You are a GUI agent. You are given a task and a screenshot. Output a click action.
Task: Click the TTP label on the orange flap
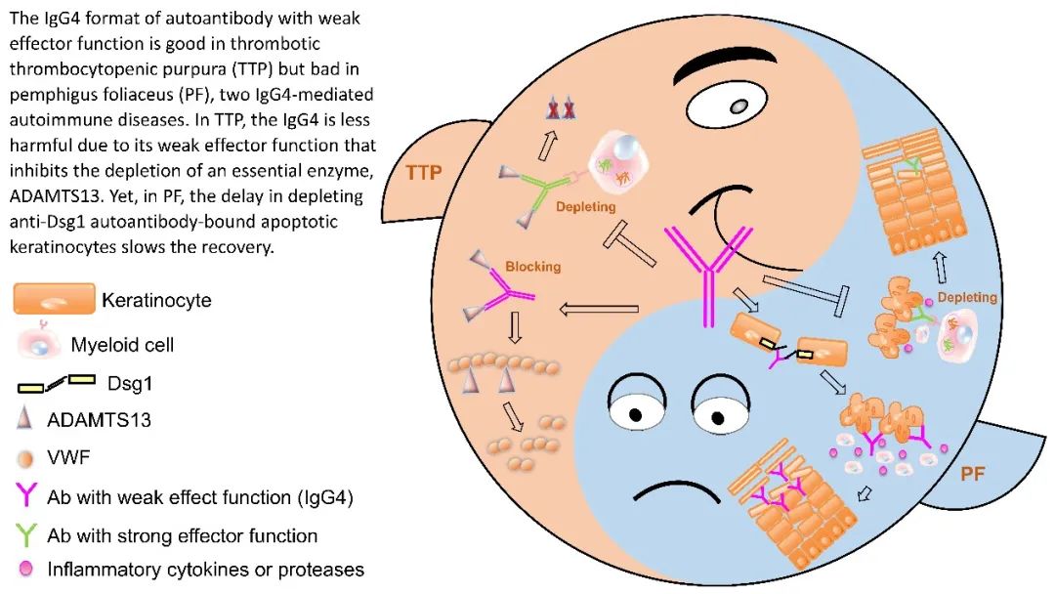[x=422, y=173]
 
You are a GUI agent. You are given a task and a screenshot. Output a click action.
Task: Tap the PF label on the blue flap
[x=972, y=475]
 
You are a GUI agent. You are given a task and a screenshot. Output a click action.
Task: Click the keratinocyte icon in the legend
[x=54, y=301]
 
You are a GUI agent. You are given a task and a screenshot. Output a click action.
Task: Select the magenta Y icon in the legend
[x=26, y=496]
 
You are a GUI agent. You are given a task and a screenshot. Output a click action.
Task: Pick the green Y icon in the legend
[x=26, y=534]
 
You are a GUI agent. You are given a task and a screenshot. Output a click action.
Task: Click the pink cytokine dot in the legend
[x=25, y=569]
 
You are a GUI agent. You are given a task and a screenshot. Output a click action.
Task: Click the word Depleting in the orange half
[x=585, y=208]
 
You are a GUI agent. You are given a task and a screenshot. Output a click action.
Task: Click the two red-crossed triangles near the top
[x=560, y=111]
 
